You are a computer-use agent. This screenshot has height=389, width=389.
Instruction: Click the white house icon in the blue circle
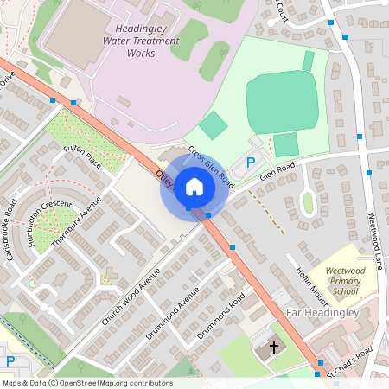(194, 186)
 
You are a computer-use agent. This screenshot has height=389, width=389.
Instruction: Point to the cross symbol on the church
(275, 348)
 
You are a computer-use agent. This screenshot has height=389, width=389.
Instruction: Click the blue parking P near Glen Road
(252, 162)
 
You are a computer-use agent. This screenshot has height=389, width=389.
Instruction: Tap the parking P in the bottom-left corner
(10, 361)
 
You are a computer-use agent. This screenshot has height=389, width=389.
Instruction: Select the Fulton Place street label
(83, 160)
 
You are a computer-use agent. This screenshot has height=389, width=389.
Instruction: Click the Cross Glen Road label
(212, 168)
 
